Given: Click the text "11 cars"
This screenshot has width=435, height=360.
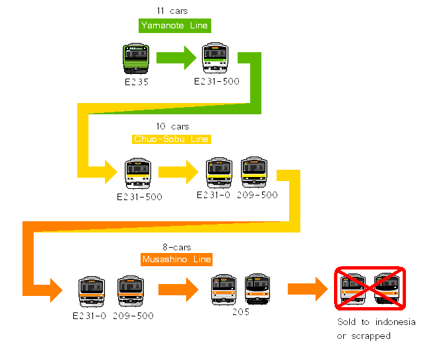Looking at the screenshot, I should [x=173, y=11].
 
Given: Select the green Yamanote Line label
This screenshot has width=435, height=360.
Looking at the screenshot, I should [x=174, y=26].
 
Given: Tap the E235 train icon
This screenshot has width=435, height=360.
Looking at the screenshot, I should [x=137, y=59].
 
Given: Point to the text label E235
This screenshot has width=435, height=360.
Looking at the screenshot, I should [x=137, y=83].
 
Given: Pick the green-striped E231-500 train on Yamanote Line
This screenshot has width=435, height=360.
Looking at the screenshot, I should [x=215, y=58].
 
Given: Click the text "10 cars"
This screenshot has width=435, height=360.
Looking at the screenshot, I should [x=172, y=126].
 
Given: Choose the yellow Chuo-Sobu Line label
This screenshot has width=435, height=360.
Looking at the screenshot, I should [x=172, y=139].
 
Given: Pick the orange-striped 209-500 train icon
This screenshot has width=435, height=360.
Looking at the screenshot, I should [x=131, y=291].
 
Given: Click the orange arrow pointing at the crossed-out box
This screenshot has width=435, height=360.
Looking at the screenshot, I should [x=308, y=289].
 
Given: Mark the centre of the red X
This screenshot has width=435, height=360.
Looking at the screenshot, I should [x=370, y=289].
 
